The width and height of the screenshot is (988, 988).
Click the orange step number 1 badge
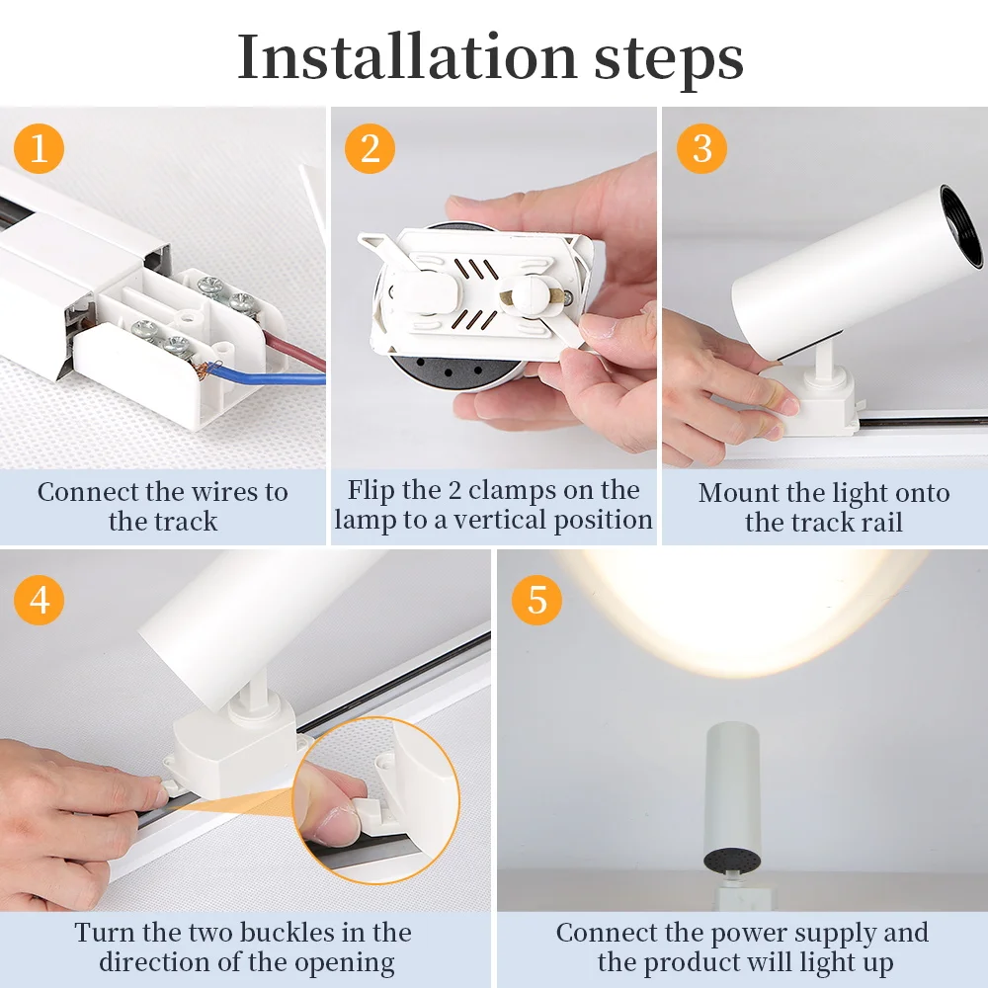click(39, 149)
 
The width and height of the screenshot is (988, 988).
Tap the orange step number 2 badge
click(370, 149)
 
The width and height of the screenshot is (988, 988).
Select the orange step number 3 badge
click(701, 149)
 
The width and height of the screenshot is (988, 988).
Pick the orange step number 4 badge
click(39, 600)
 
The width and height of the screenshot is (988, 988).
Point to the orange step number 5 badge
click(536, 600)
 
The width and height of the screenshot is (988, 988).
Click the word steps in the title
click(668, 58)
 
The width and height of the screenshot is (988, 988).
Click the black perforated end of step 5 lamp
click(731, 861)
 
